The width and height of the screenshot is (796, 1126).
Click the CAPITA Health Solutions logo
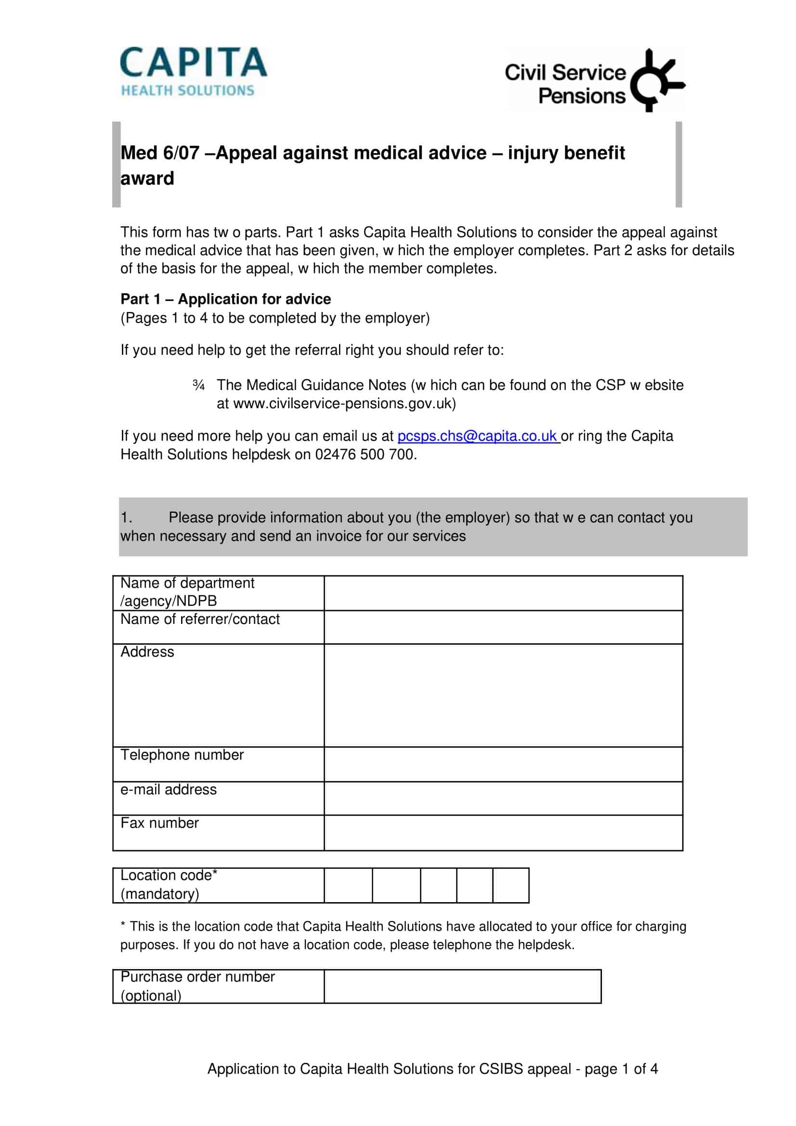pyautogui.click(x=193, y=72)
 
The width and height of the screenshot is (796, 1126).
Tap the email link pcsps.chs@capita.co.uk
pyautogui.click(x=477, y=436)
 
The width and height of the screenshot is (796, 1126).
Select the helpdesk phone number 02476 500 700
pyautogui.click(x=365, y=454)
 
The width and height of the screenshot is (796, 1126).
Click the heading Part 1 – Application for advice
pyautogui.click(x=226, y=299)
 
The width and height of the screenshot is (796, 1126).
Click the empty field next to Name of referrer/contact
pyautogui.click(x=503, y=627)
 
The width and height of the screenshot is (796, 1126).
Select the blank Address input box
pyautogui.click(x=503, y=696)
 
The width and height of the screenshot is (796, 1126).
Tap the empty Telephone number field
pyautogui.click(x=503, y=764)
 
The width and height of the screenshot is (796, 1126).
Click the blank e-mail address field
pyautogui.click(x=503, y=798)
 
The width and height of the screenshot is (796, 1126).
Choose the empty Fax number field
pyautogui.click(x=503, y=833)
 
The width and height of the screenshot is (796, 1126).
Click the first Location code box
pyautogui.click(x=348, y=885)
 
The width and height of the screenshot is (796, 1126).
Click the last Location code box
pyautogui.click(x=510, y=885)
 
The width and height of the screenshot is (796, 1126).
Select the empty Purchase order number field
pyautogui.click(x=462, y=986)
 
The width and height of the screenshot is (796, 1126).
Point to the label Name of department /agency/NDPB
pyautogui.click(x=187, y=592)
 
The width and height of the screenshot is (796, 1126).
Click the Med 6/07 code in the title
pyautogui.click(x=160, y=153)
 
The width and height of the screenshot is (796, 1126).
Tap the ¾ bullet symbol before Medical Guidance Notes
pyautogui.click(x=198, y=386)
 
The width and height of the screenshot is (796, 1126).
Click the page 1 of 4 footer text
pyautogui.click(x=621, y=1069)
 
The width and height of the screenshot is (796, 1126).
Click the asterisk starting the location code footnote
pyautogui.click(x=123, y=925)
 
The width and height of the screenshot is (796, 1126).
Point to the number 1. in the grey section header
pyautogui.click(x=127, y=518)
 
